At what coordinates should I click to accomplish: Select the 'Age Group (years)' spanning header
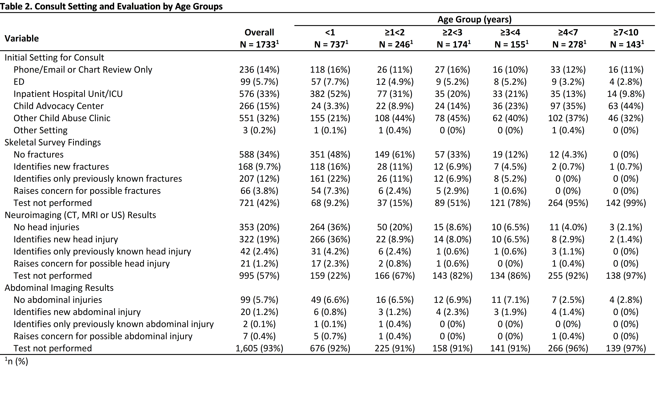(x=474, y=19)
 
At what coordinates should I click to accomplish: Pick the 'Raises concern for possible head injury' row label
(x=92, y=264)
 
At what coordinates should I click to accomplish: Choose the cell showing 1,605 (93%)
(x=259, y=348)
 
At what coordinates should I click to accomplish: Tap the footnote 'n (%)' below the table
(x=17, y=361)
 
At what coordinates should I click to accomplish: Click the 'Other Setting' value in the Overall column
(x=259, y=130)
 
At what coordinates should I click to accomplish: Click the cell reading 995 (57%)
(x=259, y=276)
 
